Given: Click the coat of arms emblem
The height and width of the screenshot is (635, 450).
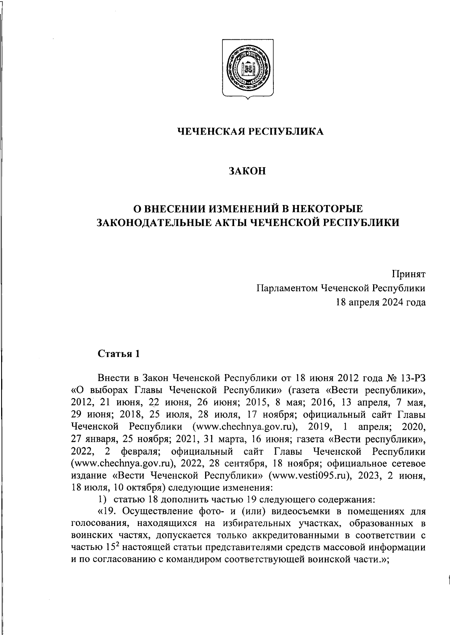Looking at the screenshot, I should [247, 69].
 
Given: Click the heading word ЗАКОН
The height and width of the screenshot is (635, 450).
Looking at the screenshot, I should [247, 171].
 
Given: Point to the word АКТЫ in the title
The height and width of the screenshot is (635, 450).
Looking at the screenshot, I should [264, 222].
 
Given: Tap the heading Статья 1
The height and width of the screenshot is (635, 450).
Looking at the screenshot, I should [118, 353].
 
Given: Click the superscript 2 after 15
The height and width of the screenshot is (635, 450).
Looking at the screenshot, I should [117, 544].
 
